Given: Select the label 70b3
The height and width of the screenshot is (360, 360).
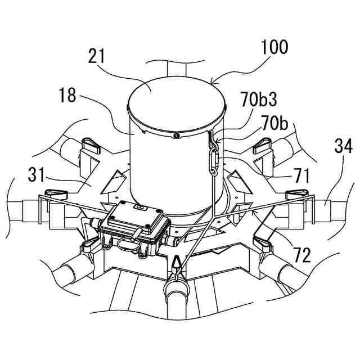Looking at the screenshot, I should coord(260,101).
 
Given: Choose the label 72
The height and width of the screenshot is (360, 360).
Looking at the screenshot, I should coord(301,256).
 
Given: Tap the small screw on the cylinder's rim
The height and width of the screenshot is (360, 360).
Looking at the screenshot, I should coord(176,136).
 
